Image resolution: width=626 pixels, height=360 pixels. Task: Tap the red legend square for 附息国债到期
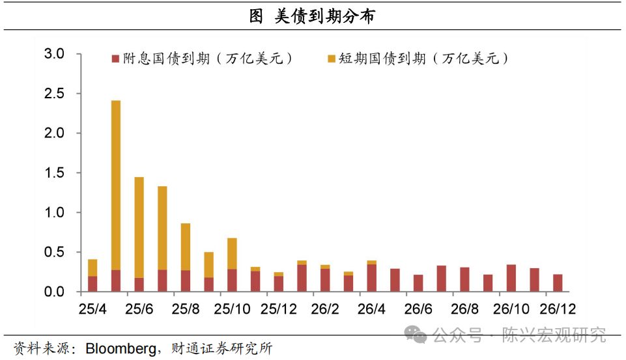[115, 59]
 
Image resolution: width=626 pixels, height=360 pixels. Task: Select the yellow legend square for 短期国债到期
[331, 59]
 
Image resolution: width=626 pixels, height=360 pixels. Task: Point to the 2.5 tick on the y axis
[54, 93]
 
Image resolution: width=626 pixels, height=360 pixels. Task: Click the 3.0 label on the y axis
[54, 53]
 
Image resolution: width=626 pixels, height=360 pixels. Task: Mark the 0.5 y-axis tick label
[54, 252]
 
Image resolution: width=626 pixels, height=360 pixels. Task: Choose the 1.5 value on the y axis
[54, 173]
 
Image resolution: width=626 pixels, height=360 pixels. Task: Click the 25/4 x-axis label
[92, 309]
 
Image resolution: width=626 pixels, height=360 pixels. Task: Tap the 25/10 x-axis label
[232, 309]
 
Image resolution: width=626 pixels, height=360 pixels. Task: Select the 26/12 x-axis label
[558, 309]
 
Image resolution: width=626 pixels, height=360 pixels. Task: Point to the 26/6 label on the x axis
[418, 309]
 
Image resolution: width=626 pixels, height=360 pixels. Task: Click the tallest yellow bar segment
[116, 185]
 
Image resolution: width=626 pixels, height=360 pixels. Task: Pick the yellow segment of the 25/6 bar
[139, 227]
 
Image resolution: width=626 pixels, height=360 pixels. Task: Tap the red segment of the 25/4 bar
[92, 284]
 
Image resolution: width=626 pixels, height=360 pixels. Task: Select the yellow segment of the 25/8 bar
[186, 247]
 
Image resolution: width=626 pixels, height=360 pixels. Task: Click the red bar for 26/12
[558, 283]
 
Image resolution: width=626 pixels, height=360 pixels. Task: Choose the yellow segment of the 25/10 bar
[232, 254]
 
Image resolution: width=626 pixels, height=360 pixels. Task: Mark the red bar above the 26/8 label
[464, 279]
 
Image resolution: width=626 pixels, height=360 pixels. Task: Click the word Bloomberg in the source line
[121, 348]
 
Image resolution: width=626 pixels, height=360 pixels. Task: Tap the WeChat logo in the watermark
[415, 335]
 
